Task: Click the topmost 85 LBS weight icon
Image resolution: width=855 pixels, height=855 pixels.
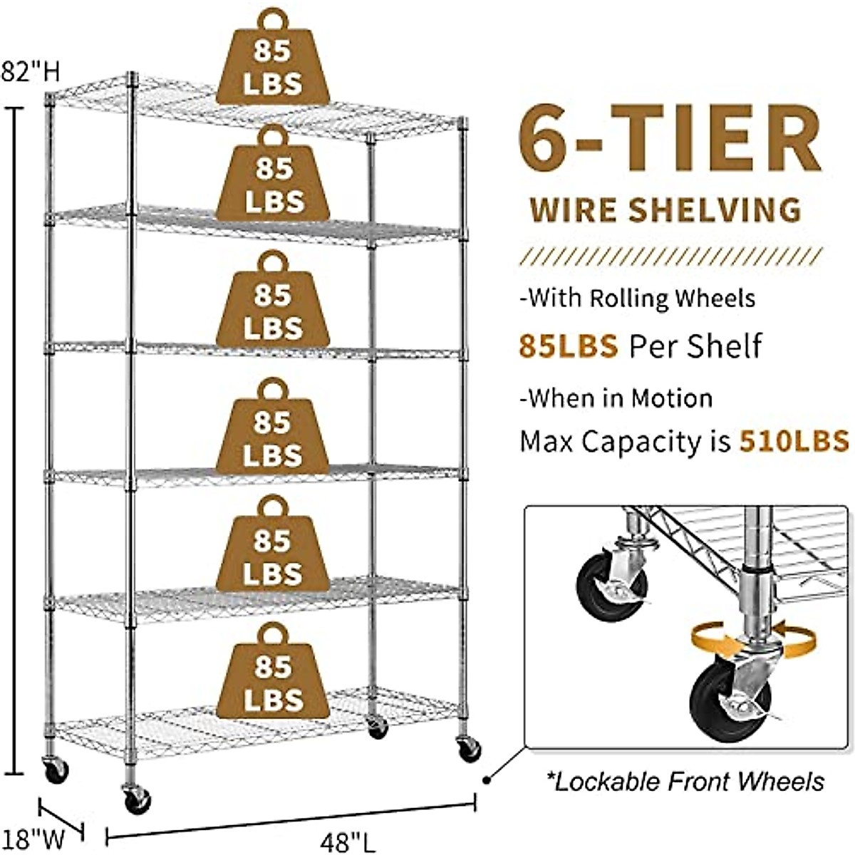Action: (x=273, y=61)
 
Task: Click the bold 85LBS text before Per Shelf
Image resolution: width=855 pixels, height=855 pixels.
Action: (x=568, y=346)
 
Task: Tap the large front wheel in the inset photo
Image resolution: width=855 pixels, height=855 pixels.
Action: (x=720, y=702)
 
